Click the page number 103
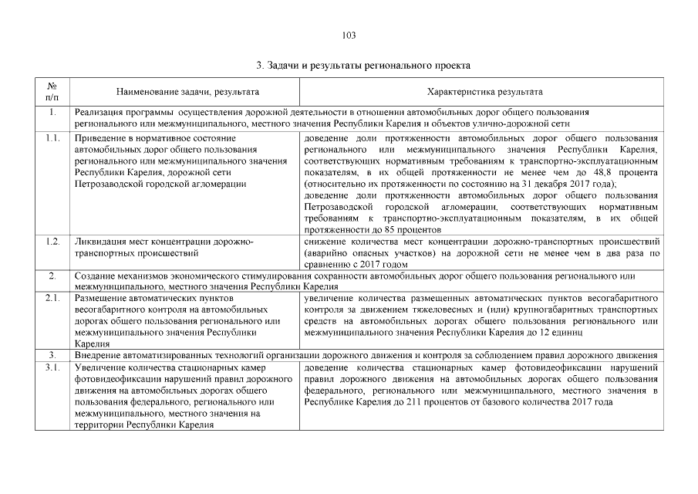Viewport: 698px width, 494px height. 349,36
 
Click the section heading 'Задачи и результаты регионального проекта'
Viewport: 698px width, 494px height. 362,66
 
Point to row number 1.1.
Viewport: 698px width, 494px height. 52,138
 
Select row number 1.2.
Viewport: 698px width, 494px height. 52,242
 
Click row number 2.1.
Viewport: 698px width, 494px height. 52,297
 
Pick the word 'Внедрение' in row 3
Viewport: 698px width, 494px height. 96,355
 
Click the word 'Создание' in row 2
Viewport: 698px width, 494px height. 93,275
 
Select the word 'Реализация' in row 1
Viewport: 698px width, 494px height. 99,113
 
